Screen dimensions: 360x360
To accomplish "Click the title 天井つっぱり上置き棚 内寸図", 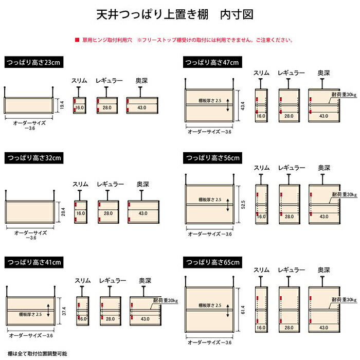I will [x=175, y=14].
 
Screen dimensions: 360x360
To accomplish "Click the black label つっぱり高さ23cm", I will [x=33, y=63].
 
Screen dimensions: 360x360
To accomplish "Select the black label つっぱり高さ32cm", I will [x=33, y=157].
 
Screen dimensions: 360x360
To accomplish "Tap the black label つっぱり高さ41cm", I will [x=34, y=262].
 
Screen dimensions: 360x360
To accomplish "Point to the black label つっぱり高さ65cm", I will [x=212, y=262].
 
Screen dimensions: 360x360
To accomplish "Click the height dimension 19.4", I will [x=60, y=105].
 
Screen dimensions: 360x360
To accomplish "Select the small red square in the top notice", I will [x=77, y=40].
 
